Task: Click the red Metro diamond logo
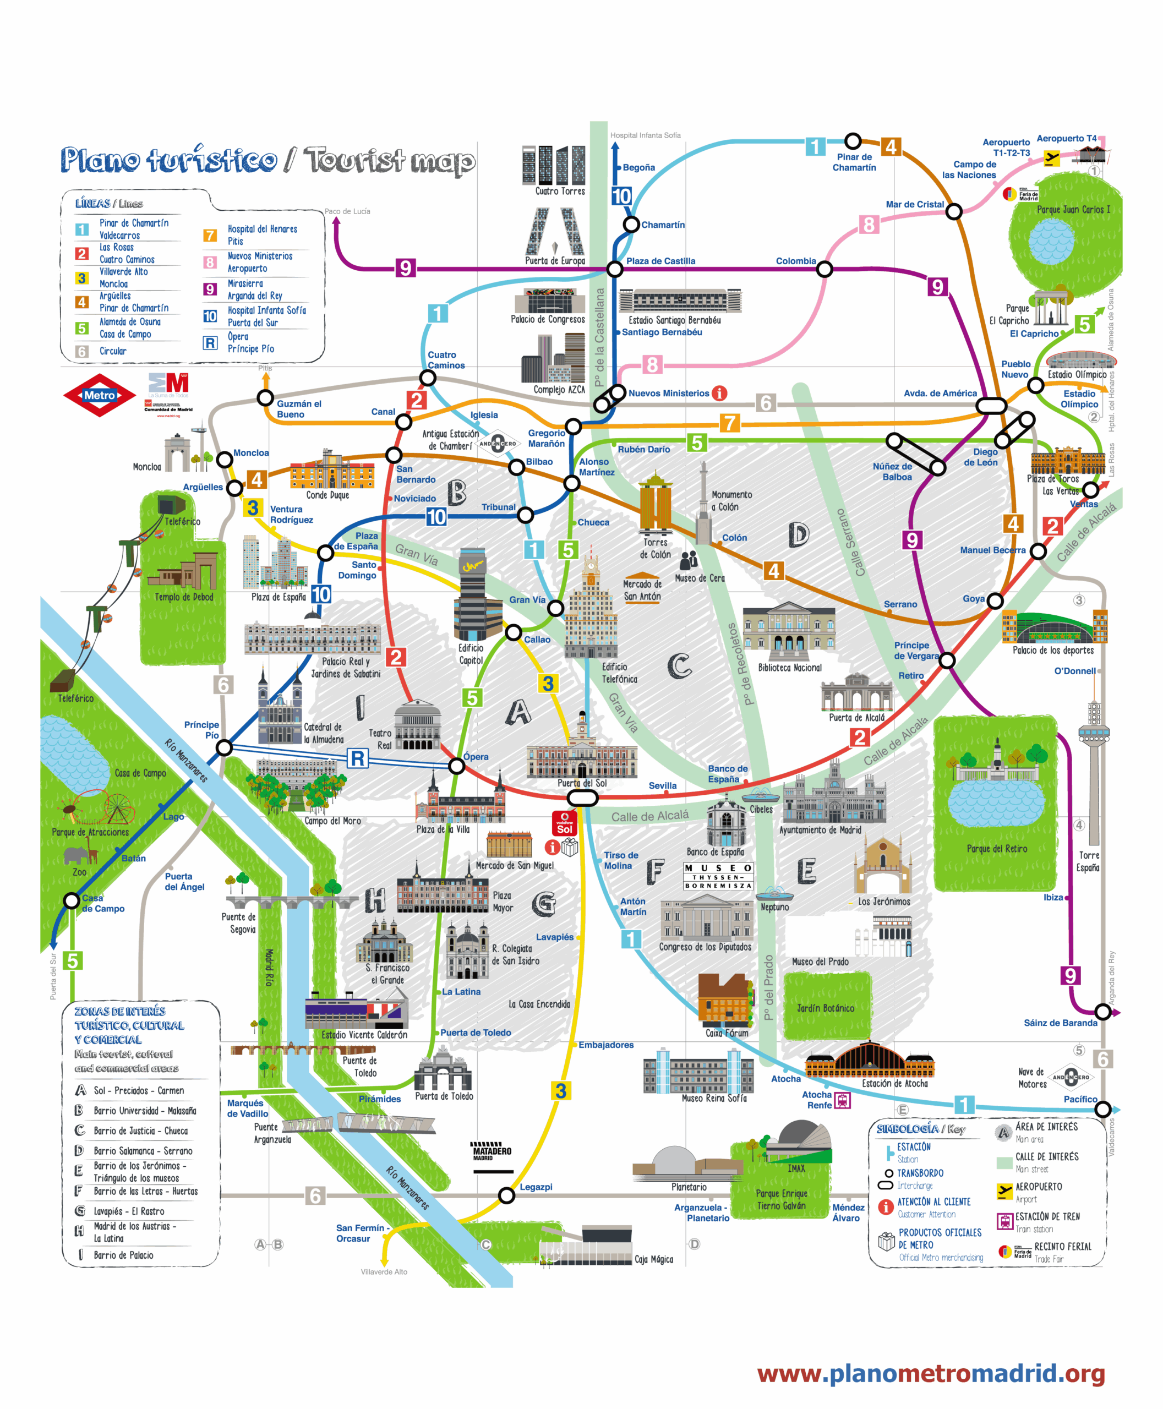(x=99, y=395)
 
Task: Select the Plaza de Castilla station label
(x=660, y=261)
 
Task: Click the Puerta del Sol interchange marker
(x=581, y=798)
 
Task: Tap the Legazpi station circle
(x=506, y=1195)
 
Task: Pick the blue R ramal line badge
(x=358, y=758)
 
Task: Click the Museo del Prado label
(x=820, y=962)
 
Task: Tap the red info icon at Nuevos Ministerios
(x=719, y=394)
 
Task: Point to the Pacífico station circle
(x=1102, y=1109)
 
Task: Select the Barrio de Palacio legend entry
(x=123, y=1255)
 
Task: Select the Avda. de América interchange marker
(x=991, y=405)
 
